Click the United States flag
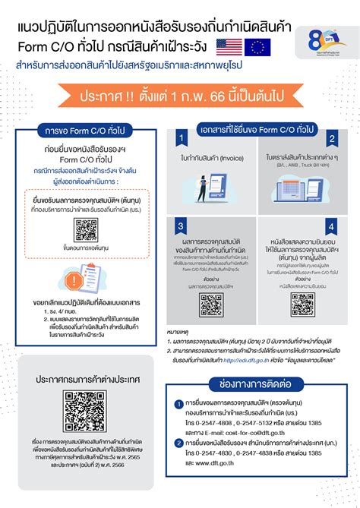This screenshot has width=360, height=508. pos(229,45)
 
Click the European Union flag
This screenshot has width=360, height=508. pos(257,45)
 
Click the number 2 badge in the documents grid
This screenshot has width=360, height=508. pos(330,139)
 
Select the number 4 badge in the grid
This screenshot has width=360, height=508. pos(330,226)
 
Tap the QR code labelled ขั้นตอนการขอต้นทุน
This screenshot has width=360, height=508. pos(84,229)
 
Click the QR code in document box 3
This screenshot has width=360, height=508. pos(210,304)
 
